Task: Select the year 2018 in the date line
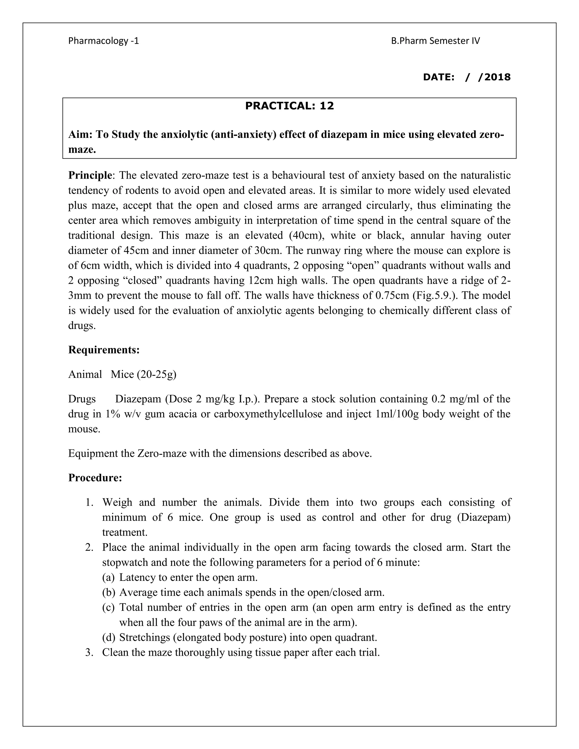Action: [497, 77]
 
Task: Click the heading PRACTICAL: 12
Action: [289, 106]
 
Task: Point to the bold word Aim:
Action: [81, 135]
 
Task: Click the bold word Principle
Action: [90, 175]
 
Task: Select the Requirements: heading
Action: [104, 350]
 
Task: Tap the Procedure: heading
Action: [95, 477]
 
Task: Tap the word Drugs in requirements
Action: [82, 399]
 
